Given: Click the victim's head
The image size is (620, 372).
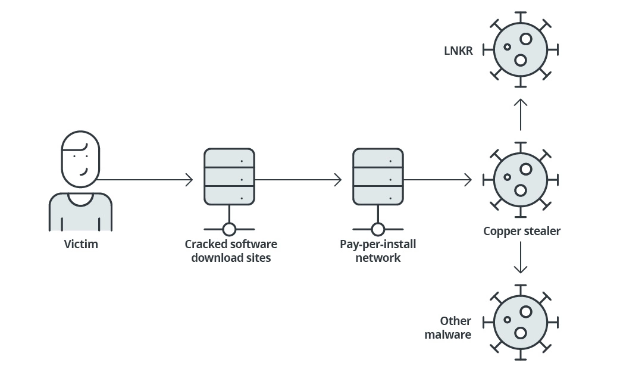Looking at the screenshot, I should click(80, 159).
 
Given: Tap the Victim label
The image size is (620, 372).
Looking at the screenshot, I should click(81, 244).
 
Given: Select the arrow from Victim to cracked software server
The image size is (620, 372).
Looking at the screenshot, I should click(145, 179).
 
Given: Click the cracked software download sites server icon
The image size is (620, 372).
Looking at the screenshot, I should click(229, 177).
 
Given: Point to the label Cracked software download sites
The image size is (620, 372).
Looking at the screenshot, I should click(231, 251).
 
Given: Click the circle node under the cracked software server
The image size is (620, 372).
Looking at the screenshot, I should click(229, 229).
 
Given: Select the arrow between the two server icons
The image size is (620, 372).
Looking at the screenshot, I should click(298, 179).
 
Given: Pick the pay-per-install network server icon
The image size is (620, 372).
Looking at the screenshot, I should click(378, 177).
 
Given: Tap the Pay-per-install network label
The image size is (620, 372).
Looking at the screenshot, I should click(378, 251).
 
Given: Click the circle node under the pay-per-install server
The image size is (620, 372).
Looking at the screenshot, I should click(378, 229).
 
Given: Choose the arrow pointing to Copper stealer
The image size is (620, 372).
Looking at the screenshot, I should click(437, 179).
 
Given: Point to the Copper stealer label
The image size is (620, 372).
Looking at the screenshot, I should click(522, 231).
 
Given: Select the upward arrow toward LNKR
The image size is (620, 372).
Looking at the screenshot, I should click(521, 114).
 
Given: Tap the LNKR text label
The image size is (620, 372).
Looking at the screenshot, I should click(458, 51).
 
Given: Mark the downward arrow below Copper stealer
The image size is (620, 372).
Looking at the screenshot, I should click(521, 257).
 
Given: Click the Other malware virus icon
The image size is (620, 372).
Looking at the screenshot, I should click(521, 321).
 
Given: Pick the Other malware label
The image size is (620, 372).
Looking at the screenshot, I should click(448, 328).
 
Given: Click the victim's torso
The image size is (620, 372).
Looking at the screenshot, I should click(80, 213).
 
